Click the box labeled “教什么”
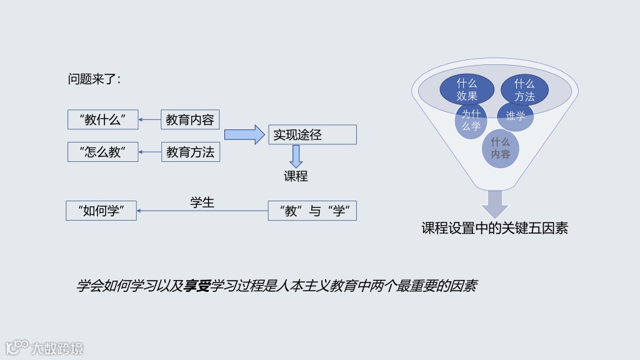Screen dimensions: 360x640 coord(102,120)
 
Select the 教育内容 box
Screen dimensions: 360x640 coord(190,120)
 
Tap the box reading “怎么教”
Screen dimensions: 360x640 coord(102,152)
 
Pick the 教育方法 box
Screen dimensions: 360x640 coord(190,152)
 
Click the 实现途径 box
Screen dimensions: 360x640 coord(312,135)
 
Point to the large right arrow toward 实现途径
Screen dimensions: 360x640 coord(244,134)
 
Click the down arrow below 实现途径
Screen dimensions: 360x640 coord(296,156)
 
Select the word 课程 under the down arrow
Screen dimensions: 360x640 coord(296,176)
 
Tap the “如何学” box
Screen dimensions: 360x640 coord(101,211)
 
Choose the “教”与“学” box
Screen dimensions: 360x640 coord(312,211)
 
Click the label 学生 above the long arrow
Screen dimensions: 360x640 coord(202,202)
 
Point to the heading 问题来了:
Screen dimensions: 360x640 coord(94,79)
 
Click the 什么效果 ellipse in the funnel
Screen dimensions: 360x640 coord(467,89)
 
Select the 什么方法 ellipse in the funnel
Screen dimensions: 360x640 coord(524,89)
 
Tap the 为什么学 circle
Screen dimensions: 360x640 coord(471,120)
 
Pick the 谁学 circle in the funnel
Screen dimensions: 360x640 coord(516,116)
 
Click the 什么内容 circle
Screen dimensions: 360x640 coord(500,148)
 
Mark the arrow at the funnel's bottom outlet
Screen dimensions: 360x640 coord(494,204)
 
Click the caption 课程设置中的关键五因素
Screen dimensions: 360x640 coord(494,228)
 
